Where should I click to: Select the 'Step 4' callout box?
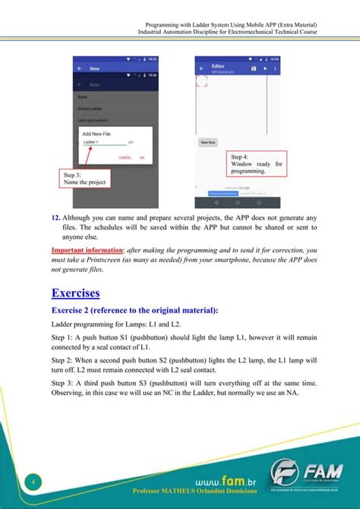click(256, 163)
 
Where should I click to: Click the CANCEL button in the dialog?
click(125, 157)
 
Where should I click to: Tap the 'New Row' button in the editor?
click(206, 142)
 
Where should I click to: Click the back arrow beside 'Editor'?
click(201, 68)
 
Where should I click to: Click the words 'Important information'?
click(83, 250)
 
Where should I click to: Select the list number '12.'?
click(57, 219)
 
